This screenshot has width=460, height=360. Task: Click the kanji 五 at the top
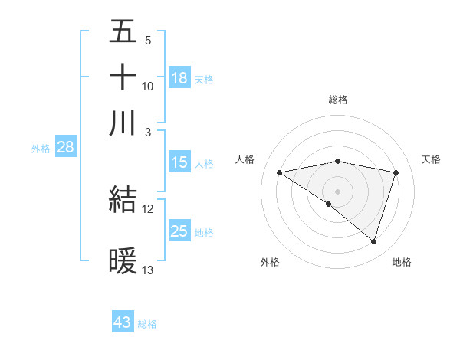click(x=123, y=32)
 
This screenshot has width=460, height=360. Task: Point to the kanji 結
click(x=123, y=200)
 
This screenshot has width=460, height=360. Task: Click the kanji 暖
click(x=123, y=261)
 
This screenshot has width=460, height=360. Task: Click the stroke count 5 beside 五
click(x=147, y=40)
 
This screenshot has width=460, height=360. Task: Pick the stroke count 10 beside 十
click(x=148, y=86)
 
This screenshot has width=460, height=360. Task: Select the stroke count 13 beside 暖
click(x=148, y=270)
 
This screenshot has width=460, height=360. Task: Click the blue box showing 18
click(x=179, y=78)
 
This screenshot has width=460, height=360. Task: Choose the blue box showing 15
click(x=179, y=162)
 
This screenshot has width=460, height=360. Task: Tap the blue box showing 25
click(x=179, y=231)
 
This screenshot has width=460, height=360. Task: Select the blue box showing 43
click(x=123, y=322)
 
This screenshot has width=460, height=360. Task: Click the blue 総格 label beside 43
click(x=148, y=324)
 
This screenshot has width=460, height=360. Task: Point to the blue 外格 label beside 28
click(x=41, y=149)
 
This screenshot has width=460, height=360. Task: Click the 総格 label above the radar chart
click(x=338, y=100)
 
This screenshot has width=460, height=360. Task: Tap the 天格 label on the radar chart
click(x=431, y=159)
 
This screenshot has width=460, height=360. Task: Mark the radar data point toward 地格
click(x=373, y=241)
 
